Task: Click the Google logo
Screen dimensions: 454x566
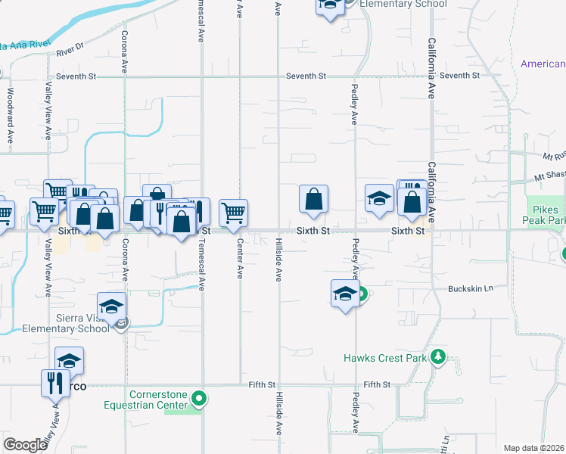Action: coord(25,445)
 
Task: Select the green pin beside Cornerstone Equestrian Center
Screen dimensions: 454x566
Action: coord(199,397)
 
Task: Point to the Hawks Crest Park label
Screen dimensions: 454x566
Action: coord(385,358)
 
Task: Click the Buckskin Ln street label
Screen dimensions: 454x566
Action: coord(470,288)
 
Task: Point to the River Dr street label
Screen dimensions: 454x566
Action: coord(70,51)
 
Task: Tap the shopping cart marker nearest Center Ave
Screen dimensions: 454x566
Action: coord(233,213)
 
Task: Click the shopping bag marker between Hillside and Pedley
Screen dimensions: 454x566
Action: coord(313,201)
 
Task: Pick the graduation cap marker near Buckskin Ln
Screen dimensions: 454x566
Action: coord(345,293)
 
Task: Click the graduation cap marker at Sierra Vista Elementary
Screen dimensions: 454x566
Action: coord(111,306)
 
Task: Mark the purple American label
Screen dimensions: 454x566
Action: coord(543,64)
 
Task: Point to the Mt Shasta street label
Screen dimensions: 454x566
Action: coord(549,175)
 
